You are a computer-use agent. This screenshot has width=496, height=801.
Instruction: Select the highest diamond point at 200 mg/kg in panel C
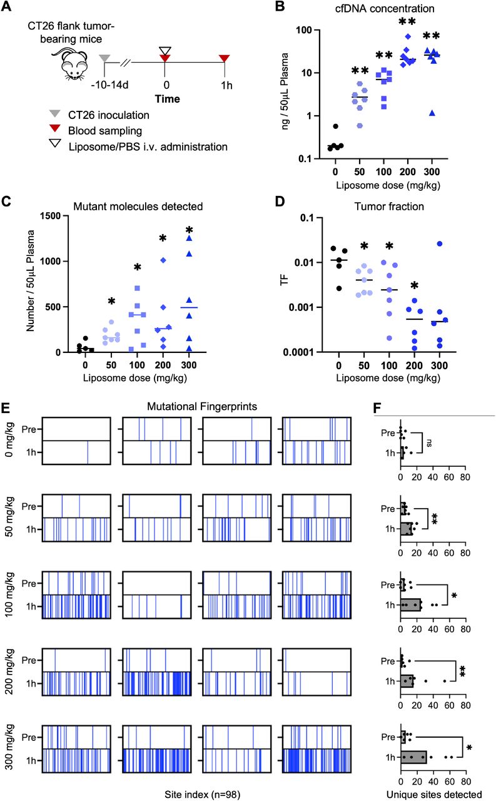(163, 260)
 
